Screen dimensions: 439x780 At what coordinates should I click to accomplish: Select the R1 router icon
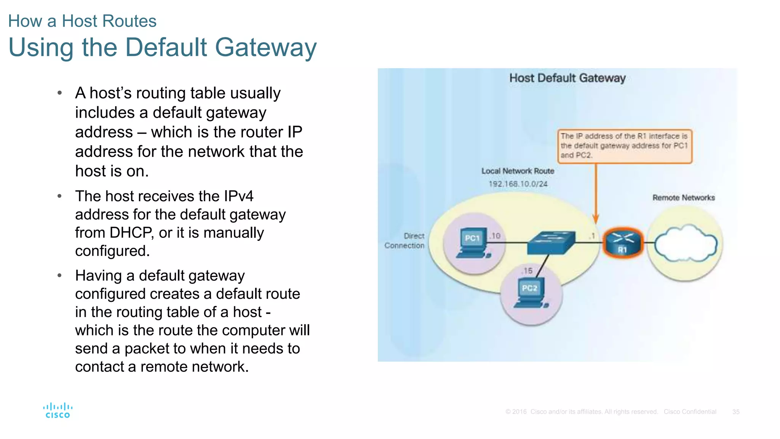623,243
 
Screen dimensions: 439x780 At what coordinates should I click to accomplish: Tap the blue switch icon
551,243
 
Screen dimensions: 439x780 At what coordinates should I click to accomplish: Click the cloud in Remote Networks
686,244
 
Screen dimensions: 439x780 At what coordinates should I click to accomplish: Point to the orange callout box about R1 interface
624,146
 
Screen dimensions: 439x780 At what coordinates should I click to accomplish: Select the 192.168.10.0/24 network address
518,184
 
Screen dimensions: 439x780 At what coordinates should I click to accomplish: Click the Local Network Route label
518,171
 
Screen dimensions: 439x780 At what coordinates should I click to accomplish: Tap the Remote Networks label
683,198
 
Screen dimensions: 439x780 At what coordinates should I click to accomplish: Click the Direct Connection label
404,241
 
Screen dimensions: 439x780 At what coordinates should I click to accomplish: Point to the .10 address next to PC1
495,236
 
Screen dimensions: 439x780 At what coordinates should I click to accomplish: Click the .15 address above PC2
527,271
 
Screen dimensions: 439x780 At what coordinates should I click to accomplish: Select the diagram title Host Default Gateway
567,78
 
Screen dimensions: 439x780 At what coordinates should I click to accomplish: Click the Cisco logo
58,410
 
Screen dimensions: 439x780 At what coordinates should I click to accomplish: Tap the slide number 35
735,412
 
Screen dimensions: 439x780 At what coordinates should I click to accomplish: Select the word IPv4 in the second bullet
238,196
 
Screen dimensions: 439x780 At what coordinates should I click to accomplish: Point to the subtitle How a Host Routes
82,21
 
